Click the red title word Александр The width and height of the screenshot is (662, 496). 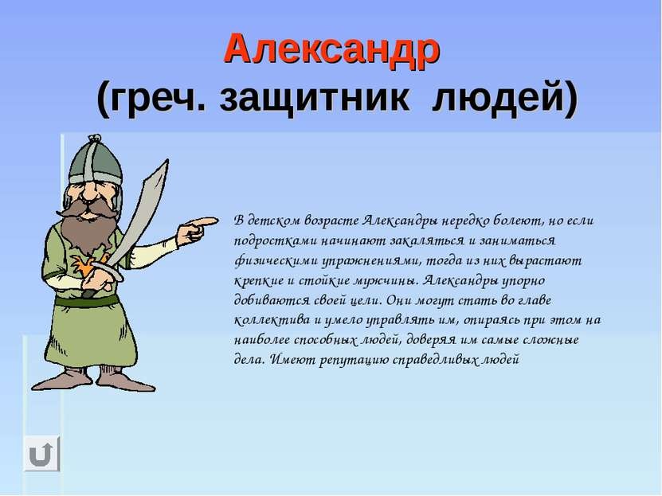coord(332,51)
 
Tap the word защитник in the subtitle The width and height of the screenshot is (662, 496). coord(314,98)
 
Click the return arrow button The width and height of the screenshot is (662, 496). coord(41,453)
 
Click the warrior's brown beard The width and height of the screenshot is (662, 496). coord(88,228)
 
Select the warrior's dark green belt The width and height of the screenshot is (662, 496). coord(88,301)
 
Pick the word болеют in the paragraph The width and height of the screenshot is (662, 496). coord(517,221)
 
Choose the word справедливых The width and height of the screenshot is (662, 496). coord(435,360)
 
